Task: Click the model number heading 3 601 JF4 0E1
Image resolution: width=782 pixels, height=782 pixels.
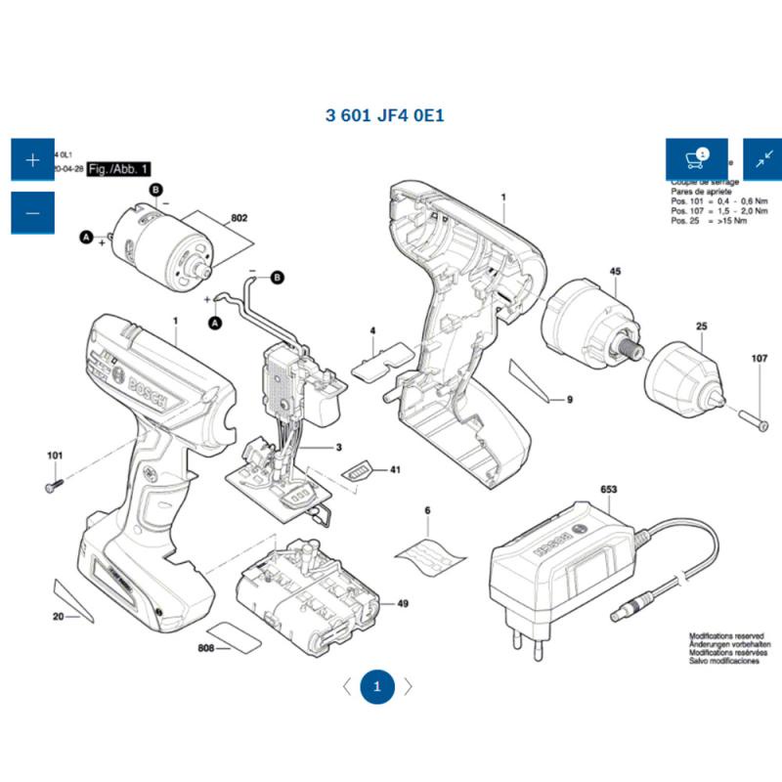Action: tap(385, 115)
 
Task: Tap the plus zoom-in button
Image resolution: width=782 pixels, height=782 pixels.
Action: tap(32, 159)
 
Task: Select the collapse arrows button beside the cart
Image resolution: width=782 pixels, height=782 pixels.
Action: tap(763, 158)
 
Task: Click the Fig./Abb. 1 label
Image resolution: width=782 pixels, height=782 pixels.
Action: tap(118, 169)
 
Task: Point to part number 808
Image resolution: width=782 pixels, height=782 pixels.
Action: tap(205, 648)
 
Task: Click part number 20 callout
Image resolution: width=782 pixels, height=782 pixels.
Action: tap(59, 617)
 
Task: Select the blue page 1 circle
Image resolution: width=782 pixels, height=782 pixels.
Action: tap(377, 686)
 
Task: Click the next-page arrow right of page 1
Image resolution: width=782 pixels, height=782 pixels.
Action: tap(409, 686)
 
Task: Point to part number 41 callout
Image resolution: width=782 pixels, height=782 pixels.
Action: tap(396, 470)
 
